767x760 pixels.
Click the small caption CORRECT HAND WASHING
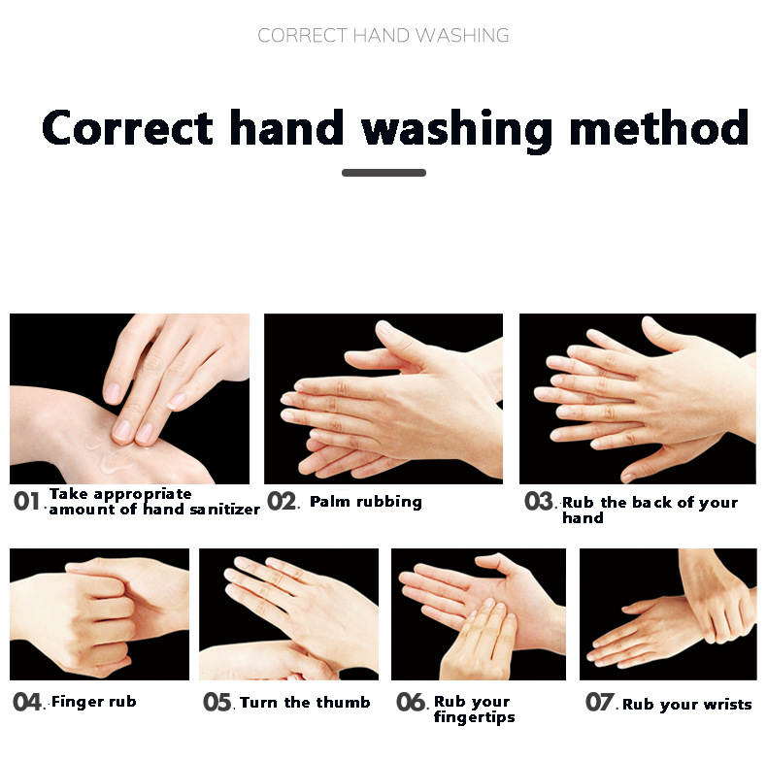(x=383, y=35)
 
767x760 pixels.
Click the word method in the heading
(x=659, y=127)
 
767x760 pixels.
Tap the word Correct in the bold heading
(x=127, y=127)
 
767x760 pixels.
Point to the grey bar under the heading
(x=384, y=173)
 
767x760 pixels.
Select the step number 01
(x=26, y=501)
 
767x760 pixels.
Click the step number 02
(x=282, y=501)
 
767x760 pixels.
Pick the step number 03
(x=539, y=501)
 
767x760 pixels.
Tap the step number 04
(x=27, y=702)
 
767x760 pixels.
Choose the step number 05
(x=217, y=702)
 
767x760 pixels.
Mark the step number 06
(x=411, y=702)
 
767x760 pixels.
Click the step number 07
(x=600, y=702)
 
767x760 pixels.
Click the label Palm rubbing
(x=366, y=502)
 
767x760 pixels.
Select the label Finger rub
(x=94, y=702)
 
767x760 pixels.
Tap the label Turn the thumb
(x=305, y=703)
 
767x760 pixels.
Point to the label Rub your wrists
(x=687, y=705)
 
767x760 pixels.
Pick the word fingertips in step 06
(x=475, y=717)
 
